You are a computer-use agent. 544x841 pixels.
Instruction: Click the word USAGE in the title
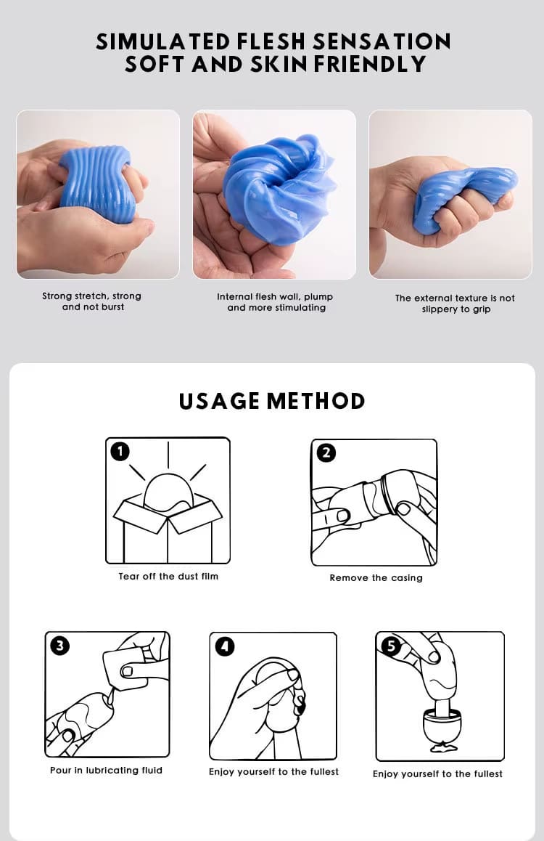tap(220, 401)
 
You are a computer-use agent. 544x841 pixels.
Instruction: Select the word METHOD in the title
tap(316, 401)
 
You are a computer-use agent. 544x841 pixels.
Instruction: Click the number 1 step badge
tap(120, 452)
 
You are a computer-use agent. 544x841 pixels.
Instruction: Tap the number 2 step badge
tap(326, 453)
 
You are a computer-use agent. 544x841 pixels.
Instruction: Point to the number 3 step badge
tap(59, 645)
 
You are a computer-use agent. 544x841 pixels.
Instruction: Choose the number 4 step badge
tap(225, 646)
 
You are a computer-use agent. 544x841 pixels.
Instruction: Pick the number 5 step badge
tap(392, 646)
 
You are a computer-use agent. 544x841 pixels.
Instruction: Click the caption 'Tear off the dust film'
tap(168, 577)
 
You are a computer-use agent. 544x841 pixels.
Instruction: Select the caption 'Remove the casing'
tap(376, 578)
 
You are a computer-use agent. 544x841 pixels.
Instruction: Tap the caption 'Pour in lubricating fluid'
tap(106, 771)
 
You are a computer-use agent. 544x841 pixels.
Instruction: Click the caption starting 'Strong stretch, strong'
tap(92, 301)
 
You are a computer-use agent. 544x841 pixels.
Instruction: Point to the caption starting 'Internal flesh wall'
tap(275, 302)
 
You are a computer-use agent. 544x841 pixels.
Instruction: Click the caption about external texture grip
tap(455, 304)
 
